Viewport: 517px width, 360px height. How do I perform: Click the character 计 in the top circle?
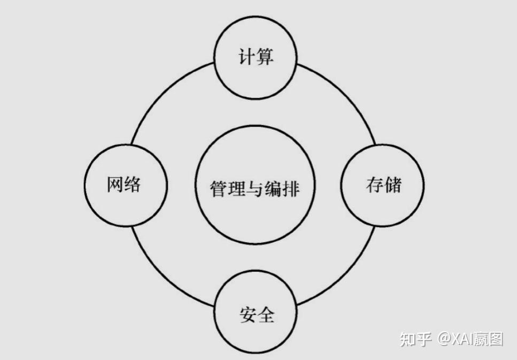pos(245,57)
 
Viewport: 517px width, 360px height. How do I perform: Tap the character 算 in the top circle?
pos(264,57)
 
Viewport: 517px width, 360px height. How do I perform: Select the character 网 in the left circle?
pos(116,185)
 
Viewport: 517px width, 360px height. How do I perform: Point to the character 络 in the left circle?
pos(134,185)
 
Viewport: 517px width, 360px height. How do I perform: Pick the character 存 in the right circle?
pos(374,185)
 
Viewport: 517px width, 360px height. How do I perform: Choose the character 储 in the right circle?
pos(392,185)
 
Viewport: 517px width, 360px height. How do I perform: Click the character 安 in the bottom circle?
pos(246,315)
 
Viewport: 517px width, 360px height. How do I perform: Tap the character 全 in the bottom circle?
pos(265,315)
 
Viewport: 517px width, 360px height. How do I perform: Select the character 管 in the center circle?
pos(219,188)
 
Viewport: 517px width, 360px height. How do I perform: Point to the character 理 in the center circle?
pos(237,188)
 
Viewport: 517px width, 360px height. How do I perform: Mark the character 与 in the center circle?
pos(255,188)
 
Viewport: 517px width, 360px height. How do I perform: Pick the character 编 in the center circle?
pos(273,188)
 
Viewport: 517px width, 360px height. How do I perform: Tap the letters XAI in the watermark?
pos(465,339)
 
